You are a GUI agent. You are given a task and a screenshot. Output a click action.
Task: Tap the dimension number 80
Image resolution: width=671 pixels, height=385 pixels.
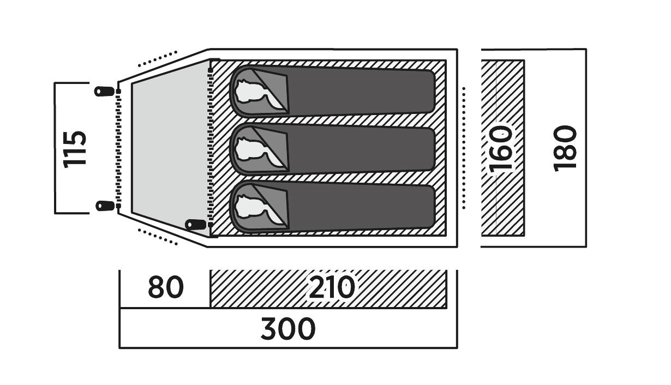[x=165, y=287]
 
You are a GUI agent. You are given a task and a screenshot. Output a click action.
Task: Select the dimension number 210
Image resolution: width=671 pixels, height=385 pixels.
[x=332, y=287]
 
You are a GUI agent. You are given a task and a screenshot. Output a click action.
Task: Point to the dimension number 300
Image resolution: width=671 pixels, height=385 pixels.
[x=287, y=329]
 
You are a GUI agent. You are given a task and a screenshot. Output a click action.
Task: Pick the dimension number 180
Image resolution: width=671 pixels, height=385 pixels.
[x=565, y=148]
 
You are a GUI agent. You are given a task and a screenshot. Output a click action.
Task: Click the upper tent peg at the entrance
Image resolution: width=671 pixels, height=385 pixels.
[x=104, y=91]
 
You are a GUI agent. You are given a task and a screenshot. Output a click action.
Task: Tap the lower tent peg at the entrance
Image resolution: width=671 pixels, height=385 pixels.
[x=104, y=206]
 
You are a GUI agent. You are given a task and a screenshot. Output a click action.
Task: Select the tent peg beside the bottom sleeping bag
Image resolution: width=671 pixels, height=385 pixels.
[x=195, y=224]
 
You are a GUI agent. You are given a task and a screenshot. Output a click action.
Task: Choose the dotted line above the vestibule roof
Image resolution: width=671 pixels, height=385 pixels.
[x=158, y=59]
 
